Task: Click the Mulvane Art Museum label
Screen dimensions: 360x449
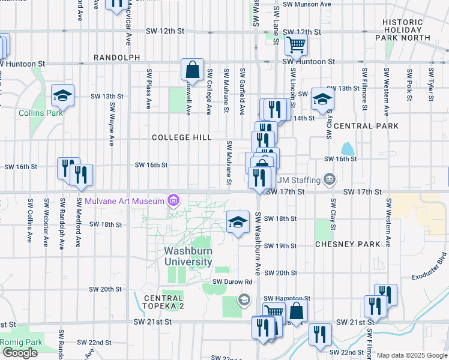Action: [x=124, y=200]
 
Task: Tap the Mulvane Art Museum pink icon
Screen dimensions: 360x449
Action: [x=173, y=200]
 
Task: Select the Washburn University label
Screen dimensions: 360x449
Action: [x=188, y=256]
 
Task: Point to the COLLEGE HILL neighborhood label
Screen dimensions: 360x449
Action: [x=181, y=137]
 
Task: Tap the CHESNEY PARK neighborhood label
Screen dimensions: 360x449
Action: [x=348, y=244]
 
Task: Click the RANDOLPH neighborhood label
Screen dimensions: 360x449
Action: [x=116, y=58]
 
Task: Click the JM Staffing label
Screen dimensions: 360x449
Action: [x=301, y=179]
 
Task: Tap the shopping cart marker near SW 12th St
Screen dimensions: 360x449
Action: [x=296, y=44]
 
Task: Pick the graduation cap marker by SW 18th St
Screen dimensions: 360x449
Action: [x=238, y=221]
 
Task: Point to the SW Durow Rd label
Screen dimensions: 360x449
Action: [x=231, y=281]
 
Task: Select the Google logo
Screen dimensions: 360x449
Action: [x=20, y=353]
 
